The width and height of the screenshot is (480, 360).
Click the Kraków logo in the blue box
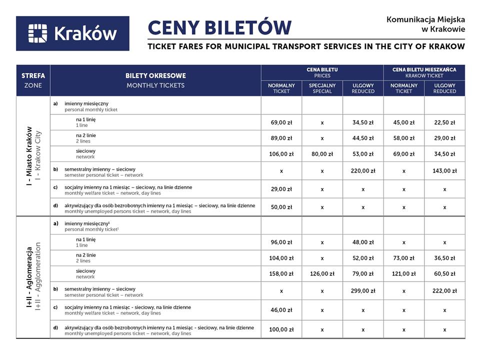pyautogui.click(x=72, y=33)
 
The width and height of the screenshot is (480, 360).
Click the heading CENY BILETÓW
pyautogui.click(x=219, y=27)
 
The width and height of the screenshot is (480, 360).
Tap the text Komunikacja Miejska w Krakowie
pyautogui.click(x=425, y=24)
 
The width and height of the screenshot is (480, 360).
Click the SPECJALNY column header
pyautogui.click(x=322, y=88)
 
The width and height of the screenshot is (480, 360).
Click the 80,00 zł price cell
pyautogui.click(x=322, y=154)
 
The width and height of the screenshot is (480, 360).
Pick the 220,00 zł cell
pyautogui.click(x=363, y=170)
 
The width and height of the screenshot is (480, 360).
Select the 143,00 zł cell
pyautogui.click(x=444, y=170)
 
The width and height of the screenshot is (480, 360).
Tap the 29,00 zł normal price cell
pyautogui.click(x=281, y=189)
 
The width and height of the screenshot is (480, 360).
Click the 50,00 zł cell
pyautogui.click(x=281, y=207)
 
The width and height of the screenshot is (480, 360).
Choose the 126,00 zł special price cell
pyautogui.click(x=322, y=273)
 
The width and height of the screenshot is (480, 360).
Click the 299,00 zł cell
pyautogui.click(x=363, y=290)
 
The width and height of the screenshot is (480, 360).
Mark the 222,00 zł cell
pyautogui.click(x=444, y=290)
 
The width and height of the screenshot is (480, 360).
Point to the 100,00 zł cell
pyautogui.click(x=281, y=329)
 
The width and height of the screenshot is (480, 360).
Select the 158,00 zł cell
pyautogui.click(x=281, y=273)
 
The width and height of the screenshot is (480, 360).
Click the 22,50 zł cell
pyautogui.click(x=444, y=122)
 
